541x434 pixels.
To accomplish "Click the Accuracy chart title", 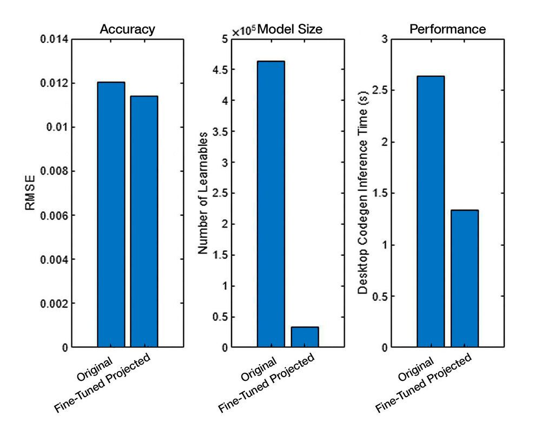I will [x=127, y=30].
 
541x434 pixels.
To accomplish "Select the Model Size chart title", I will [x=290, y=30].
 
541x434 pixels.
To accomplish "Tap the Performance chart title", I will [x=447, y=30].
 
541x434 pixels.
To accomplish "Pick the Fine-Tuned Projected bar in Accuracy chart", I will [x=144, y=222].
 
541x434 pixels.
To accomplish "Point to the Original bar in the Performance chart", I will [x=431, y=211].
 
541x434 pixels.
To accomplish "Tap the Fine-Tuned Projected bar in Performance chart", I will [x=464, y=278].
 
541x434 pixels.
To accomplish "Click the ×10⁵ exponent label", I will [x=244, y=31].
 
